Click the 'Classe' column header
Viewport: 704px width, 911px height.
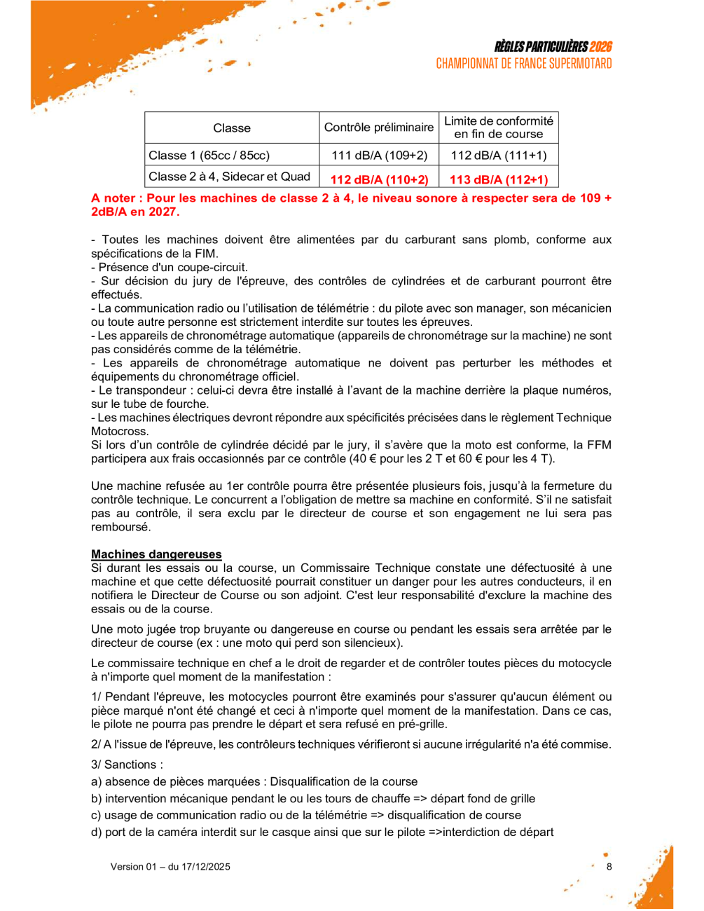pos(232,128)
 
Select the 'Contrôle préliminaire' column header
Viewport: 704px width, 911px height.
pos(379,128)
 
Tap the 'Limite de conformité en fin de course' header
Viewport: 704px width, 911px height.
pos(499,128)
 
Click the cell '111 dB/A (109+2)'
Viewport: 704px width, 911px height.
pos(379,155)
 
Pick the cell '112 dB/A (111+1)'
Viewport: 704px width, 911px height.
pos(499,155)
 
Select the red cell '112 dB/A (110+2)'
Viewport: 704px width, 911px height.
pos(379,179)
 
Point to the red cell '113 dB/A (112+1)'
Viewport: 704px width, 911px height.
pos(499,179)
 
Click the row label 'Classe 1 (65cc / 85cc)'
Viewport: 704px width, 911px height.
pos(209,155)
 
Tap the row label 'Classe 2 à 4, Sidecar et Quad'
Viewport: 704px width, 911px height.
pos(229,177)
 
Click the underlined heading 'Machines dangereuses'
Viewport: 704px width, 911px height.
pos(156,554)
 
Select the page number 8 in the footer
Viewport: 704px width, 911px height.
pos(609,867)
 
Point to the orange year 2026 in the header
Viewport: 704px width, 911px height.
pos(600,47)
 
